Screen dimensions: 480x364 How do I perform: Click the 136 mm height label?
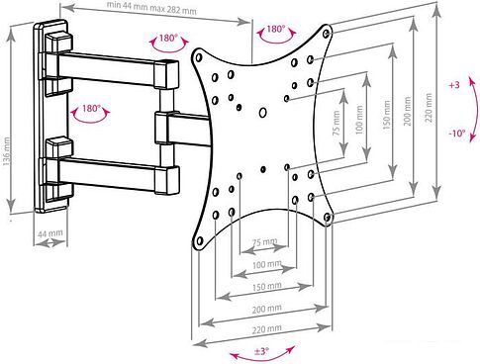[x=7, y=151]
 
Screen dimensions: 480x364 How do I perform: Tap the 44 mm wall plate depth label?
[x=50, y=233]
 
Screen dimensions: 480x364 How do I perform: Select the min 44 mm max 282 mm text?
[x=151, y=8]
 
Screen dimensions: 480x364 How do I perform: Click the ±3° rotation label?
[x=261, y=351]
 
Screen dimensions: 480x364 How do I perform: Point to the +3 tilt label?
[x=454, y=85]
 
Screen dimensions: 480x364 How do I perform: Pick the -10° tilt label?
[x=457, y=134]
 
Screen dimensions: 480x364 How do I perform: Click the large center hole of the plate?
[x=262, y=113]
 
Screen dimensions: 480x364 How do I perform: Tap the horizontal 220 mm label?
[x=267, y=329]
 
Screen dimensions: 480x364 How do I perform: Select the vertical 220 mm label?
[x=429, y=108]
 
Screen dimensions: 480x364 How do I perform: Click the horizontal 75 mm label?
[x=265, y=242]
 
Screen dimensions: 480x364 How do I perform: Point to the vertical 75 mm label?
[x=336, y=122]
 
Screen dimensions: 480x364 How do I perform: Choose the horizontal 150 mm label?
[x=267, y=286]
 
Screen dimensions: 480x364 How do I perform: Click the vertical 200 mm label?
[x=408, y=111]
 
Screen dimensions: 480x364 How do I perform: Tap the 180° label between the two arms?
[x=91, y=108]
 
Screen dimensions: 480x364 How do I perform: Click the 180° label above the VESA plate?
[x=275, y=29]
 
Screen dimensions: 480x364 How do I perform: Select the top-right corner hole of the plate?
[x=327, y=33]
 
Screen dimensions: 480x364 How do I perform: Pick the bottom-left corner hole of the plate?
[x=199, y=241]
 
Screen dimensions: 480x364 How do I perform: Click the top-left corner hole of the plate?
[x=199, y=57]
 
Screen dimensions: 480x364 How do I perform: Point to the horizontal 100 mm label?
[x=267, y=264]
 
